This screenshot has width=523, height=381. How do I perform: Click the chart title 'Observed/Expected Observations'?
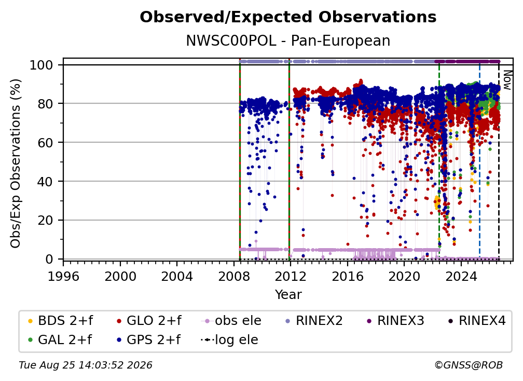point(288,17)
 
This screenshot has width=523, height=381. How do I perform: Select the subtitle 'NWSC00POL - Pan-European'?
point(288,40)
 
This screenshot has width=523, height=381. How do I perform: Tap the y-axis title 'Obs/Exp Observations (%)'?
point(16,164)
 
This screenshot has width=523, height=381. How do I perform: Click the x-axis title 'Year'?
point(288,294)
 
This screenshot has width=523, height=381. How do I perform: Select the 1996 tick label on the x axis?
point(63,276)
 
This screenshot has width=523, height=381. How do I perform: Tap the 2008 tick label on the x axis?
point(234,276)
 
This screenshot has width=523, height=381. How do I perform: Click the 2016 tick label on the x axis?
point(348,276)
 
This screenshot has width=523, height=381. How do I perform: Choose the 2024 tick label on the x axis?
point(461,276)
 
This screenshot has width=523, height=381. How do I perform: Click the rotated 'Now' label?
point(507,80)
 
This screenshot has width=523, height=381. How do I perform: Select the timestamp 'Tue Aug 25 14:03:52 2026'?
point(86,365)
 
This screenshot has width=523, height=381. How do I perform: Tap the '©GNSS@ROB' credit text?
point(469,365)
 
